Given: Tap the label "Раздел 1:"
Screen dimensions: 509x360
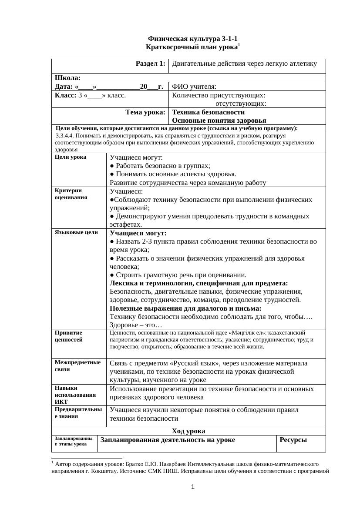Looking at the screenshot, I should pyautogui.click(x=151, y=64).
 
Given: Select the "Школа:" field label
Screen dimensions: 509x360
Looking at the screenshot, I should pyautogui.click(x=67, y=78).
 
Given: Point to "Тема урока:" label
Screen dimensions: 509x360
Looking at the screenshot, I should pyautogui.click(x=145, y=112).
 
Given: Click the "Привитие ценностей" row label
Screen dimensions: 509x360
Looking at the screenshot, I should pyautogui.click(x=68, y=336).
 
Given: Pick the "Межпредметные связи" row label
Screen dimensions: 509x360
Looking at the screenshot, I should pyautogui.click(x=77, y=365).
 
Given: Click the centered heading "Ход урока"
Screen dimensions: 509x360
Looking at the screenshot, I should pyautogui.click(x=188, y=431).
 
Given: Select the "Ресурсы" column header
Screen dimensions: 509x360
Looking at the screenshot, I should pyautogui.click(x=293, y=440).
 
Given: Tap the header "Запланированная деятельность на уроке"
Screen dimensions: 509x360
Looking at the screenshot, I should pyautogui.click(x=168, y=440).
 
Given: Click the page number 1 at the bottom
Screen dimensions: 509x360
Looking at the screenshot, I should pyautogui.click(x=192, y=487).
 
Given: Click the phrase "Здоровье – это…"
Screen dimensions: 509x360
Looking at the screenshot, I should pyautogui.click(x=136, y=325).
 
